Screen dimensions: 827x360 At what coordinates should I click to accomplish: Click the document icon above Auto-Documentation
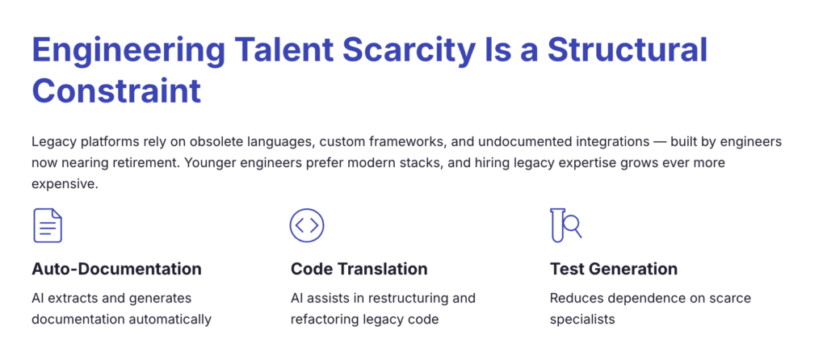click(48, 225)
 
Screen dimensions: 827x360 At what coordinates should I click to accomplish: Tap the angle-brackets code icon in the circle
click(306, 225)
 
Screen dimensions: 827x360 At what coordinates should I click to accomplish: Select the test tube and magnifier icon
click(565, 225)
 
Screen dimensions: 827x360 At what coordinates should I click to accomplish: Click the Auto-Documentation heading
click(116, 269)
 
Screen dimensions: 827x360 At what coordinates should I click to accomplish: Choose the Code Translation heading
click(359, 269)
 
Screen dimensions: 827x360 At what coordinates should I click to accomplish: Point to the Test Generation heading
click(614, 269)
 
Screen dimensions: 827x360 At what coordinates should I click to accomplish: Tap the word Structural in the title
click(627, 51)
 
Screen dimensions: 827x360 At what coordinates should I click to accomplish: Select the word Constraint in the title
click(116, 90)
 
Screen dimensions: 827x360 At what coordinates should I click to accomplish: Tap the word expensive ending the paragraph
click(65, 185)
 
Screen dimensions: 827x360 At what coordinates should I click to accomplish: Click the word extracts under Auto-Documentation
click(69, 299)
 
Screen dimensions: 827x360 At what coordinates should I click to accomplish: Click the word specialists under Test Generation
click(582, 320)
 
